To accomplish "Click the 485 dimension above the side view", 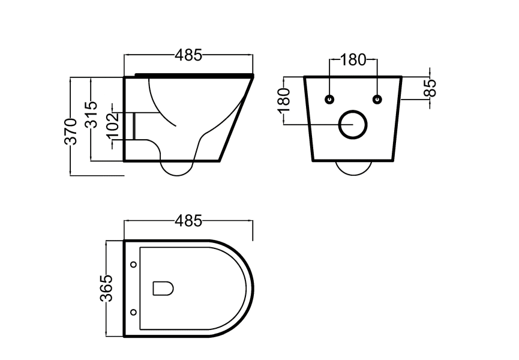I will click(188, 56).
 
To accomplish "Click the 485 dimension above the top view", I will click(188, 221).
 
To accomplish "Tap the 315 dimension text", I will click(91, 114).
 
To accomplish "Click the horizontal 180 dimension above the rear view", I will click(353, 60).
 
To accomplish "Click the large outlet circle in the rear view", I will click(353, 124).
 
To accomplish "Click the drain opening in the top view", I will click(163, 289).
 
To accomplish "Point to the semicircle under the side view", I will click(178, 167).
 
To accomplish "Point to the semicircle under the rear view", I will click(353, 167).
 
